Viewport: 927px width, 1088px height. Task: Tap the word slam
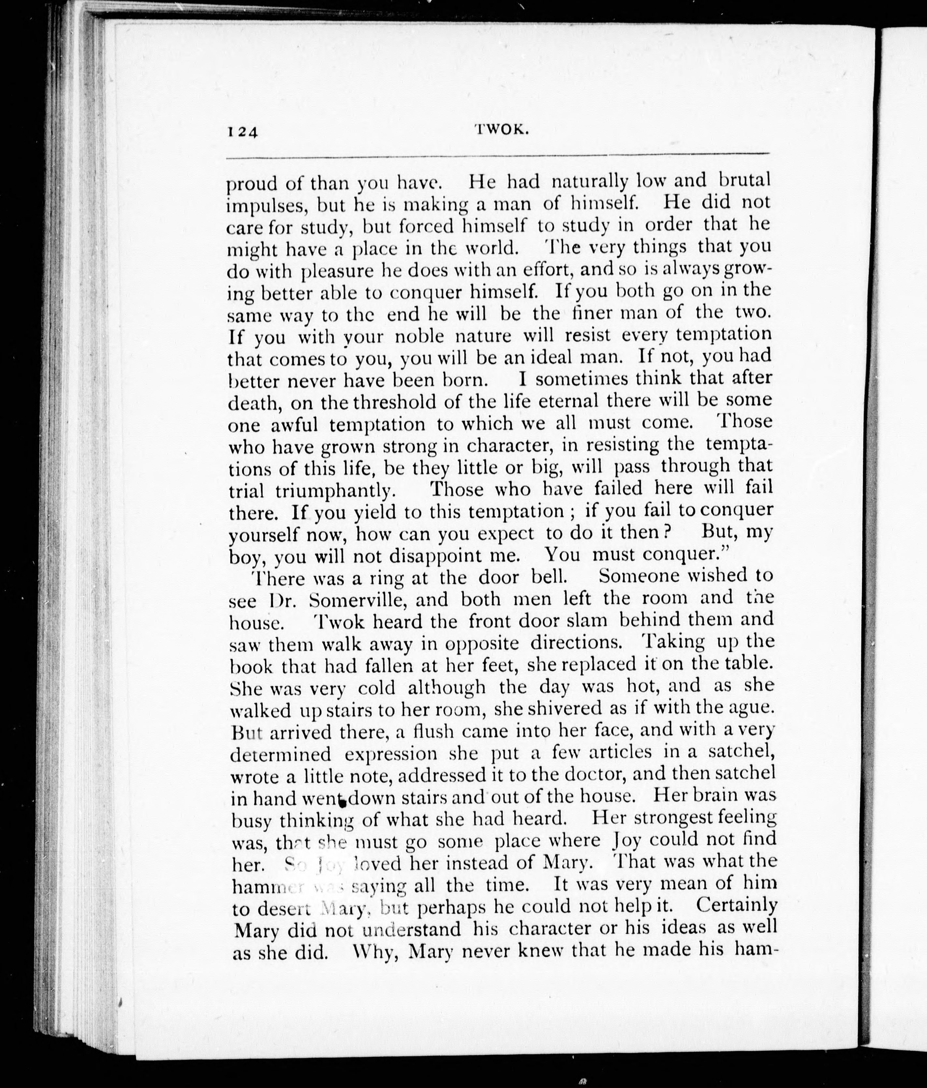pyautogui.click(x=588, y=621)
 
